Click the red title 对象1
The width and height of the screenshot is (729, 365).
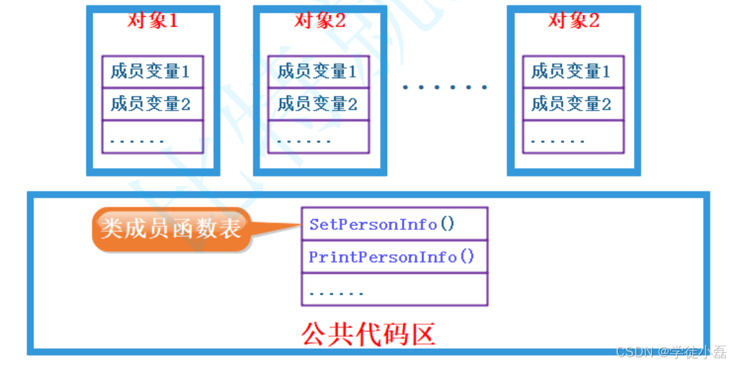(x=153, y=21)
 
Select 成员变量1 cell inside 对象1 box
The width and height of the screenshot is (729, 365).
(x=153, y=71)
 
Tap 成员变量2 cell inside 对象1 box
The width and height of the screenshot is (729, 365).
(x=153, y=103)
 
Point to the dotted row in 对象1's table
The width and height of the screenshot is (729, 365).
(x=153, y=137)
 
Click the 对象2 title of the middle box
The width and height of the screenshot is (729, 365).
(x=320, y=21)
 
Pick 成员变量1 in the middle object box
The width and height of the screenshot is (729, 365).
(x=319, y=71)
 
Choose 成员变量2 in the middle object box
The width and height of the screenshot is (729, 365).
(x=319, y=103)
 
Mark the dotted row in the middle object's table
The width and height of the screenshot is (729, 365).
(x=319, y=137)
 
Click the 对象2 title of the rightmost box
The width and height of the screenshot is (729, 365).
(x=574, y=21)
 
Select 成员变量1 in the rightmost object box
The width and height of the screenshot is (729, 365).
(x=573, y=71)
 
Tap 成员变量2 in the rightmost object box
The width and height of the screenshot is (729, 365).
(x=573, y=103)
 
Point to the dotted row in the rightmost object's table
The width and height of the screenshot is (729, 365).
(x=573, y=137)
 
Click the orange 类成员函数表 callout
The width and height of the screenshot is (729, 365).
(x=171, y=228)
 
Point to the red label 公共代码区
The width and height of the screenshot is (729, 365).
(x=368, y=333)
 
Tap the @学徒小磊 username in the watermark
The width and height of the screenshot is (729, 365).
(x=692, y=352)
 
